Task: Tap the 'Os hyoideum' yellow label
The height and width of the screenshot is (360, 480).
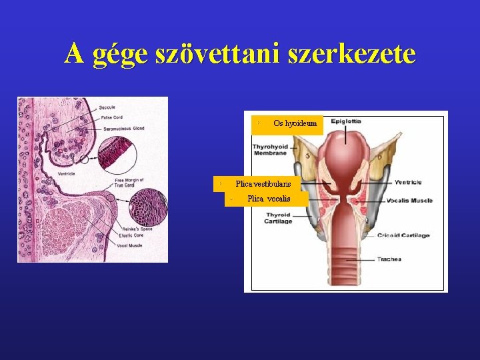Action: [289, 124]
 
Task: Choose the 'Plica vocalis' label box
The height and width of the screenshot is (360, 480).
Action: [267, 199]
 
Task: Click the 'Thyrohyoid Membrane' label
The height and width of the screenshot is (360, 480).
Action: [269, 149]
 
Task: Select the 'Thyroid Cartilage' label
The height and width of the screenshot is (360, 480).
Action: [279, 218]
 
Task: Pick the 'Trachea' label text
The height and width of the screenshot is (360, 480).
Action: [389, 259]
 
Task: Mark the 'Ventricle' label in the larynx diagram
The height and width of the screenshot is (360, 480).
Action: [408, 182]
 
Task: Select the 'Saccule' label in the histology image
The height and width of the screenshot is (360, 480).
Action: [107, 107]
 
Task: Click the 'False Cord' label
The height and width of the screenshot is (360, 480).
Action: [111, 117]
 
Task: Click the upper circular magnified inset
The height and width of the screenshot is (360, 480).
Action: [117, 152]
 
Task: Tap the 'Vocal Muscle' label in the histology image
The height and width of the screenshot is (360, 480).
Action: [129, 245]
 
